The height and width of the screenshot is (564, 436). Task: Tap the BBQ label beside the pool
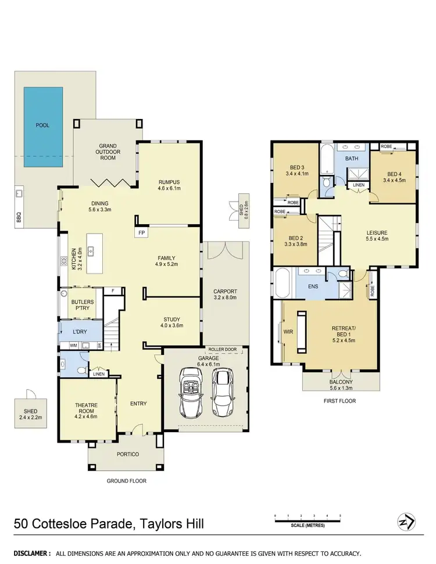point(19,218)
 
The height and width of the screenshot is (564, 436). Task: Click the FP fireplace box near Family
point(141,233)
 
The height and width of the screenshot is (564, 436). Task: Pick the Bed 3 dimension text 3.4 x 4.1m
point(296,173)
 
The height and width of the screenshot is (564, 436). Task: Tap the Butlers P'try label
point(83,306)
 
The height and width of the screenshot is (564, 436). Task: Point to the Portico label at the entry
point(127,454)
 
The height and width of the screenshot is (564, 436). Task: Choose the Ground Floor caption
point(126,480)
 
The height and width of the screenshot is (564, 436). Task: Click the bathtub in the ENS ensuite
point(285,283)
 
